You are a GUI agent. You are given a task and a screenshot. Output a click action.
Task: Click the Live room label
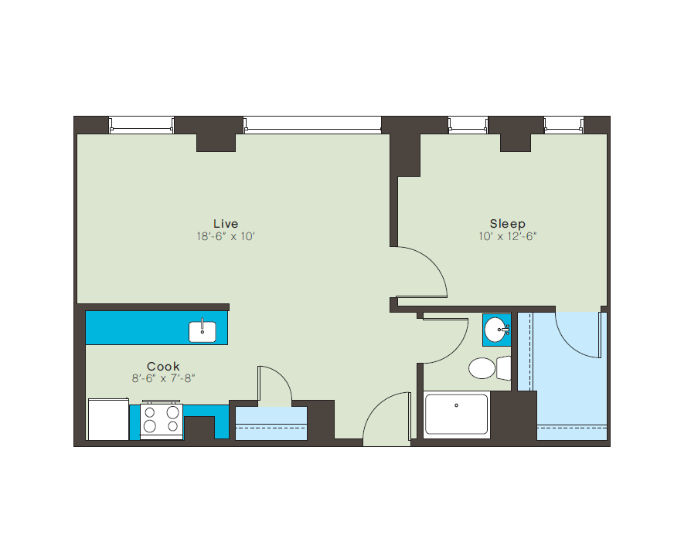226,224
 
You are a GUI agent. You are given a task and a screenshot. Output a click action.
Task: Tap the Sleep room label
507,224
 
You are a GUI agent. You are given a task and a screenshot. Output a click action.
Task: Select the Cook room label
163,367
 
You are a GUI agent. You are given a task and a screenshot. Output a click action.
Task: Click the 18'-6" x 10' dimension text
226,236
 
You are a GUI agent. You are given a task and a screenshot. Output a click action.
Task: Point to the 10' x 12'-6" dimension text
507,236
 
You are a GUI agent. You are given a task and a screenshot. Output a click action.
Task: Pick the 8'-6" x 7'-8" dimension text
163,378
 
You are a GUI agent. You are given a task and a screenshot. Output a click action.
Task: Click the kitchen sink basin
203,331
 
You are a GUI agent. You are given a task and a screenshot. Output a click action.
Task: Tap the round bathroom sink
495,330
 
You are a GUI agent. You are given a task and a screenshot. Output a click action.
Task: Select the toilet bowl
482,368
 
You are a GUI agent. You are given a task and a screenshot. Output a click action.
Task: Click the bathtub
456,415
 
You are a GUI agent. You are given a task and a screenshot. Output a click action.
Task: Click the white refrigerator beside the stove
108,419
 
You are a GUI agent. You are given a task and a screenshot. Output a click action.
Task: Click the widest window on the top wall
311,124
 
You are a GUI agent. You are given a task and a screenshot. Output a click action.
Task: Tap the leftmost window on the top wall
141,124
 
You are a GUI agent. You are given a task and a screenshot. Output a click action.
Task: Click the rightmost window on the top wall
563,124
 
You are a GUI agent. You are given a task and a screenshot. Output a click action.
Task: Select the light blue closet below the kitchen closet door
271,424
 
